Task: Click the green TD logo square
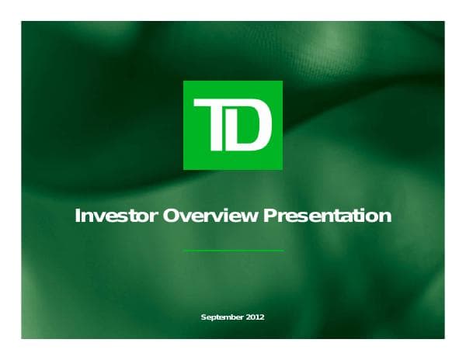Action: point(233,124)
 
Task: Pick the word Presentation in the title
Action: point(327,216)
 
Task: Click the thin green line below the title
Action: point(233,251)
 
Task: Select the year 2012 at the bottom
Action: point(256,318)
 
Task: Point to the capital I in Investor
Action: point(77,216)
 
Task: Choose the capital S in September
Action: point(203,318)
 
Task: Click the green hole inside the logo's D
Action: point(250,126)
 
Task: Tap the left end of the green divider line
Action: point(184,251)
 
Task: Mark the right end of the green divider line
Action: point(283,251)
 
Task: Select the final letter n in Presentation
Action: point(385,216)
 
